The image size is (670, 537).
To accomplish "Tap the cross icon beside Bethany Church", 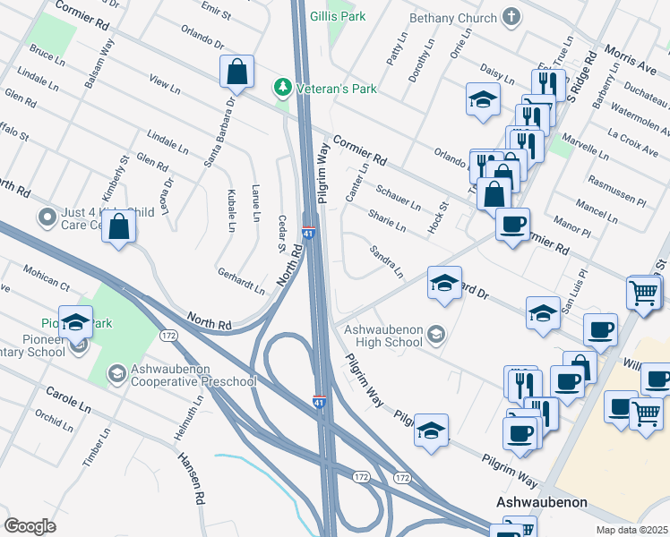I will pyautogui.click(x=511, y=17).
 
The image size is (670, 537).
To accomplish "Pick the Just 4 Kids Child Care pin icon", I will pyautogui.click(x=47, y=217).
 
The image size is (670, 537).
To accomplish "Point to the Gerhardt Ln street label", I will pyautogui.click(x=241, y=280).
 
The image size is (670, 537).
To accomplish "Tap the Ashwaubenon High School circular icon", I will pyautogui.click(x=436, y=334).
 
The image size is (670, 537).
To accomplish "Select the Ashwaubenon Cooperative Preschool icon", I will pyautogui.click(x=117, y=373).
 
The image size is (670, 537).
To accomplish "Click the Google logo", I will pyautogui.click(x=30, y=525).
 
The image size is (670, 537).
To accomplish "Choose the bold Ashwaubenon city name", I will pyautogui.click(x=542, y=502).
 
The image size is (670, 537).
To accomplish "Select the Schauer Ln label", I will pyautogui.click(x=398, y=198).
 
